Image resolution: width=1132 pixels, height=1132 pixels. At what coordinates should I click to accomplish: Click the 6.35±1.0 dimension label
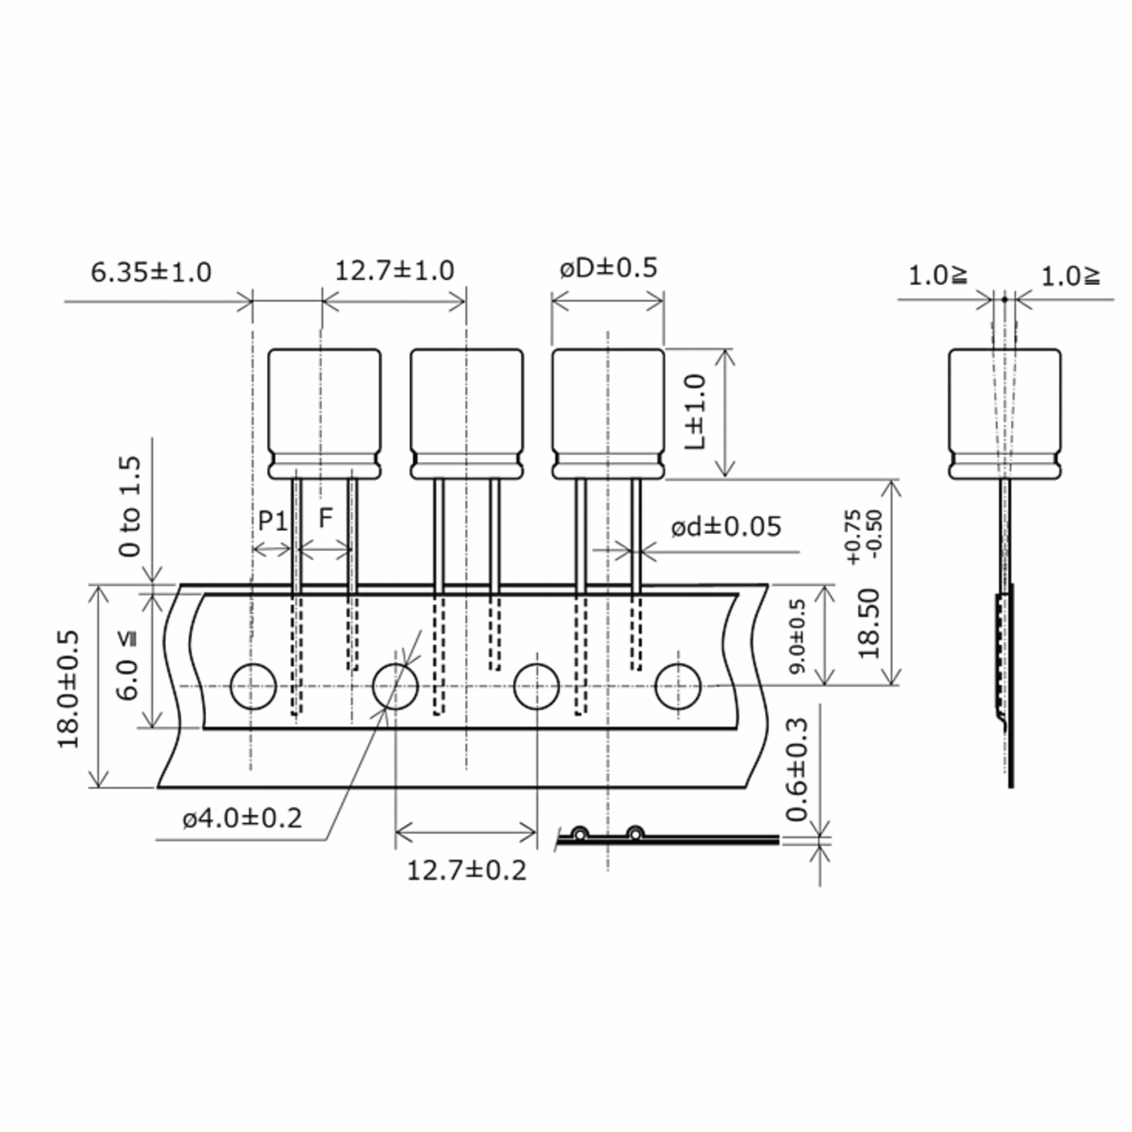(150, 273)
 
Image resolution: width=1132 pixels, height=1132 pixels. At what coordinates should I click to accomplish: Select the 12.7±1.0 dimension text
(394, 271)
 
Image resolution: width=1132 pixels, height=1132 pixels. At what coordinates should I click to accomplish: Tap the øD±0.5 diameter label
(608, 268)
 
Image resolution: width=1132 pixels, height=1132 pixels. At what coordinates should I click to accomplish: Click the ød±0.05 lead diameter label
(725, 527)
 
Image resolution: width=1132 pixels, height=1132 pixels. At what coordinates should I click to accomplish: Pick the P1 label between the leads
(273, 520)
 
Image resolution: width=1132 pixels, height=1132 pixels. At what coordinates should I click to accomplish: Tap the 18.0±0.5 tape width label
(68, 689)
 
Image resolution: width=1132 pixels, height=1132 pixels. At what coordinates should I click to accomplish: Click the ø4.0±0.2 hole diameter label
(242, 818)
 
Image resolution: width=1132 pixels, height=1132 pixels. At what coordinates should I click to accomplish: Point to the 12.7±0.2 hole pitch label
(466, 871)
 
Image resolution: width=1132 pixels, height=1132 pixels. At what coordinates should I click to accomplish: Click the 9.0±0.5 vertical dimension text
(798, 636)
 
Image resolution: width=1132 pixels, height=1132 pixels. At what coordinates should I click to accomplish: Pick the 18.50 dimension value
(869, 624)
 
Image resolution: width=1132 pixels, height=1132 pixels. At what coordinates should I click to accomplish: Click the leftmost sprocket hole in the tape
(253, 687)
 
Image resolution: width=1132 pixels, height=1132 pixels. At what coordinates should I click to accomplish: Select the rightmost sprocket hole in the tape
(678, 687)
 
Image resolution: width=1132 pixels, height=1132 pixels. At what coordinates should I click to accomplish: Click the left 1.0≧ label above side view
(938, 276)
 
